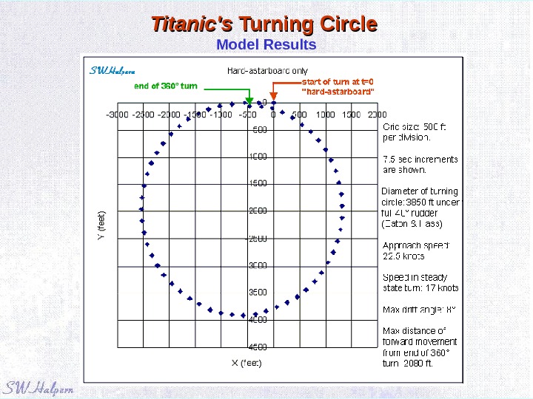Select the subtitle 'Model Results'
point(266,45)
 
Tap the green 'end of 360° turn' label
point(166,86)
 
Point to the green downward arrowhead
point(249,100)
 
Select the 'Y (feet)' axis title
point(103,225)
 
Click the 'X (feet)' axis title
point(247,363)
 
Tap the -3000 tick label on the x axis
point(118,115)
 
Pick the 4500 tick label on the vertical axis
point(257,347)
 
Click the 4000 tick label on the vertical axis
point(257,320)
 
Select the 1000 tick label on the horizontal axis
point(325,115)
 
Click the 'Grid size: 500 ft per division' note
point(415,132)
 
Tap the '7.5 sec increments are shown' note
point(420,164)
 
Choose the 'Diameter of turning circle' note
point(420,207)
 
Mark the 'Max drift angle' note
point(419,309)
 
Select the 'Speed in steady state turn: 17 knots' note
point(420,282)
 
